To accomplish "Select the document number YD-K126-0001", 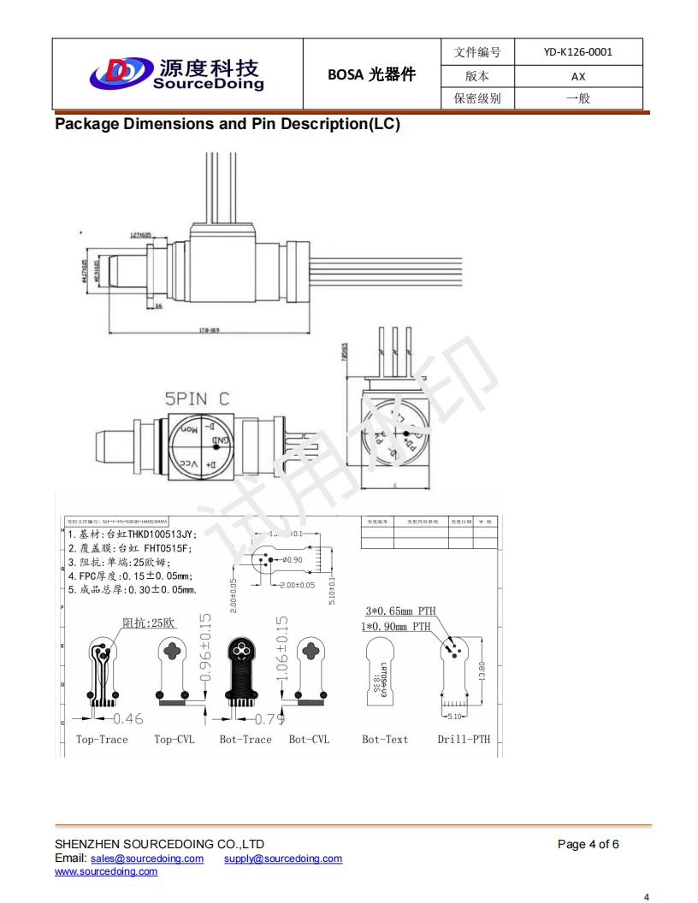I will click(x=577, y=52).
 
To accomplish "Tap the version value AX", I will click(x=578, y=75).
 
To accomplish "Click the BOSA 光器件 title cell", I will click(x=371, y=74).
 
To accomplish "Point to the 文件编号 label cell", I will click(x=476, y=52).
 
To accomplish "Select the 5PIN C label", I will click(x=197, y=398).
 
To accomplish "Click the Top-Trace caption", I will click(x=102, y=740).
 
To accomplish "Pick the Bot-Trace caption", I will click(x=245, y=740).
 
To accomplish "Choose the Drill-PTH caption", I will click(x=464, y=740).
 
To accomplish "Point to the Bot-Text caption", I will click(x=385, y=740).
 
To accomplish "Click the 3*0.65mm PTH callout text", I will click(x=400, y=611).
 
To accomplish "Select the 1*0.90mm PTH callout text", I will click(x=396, y=627).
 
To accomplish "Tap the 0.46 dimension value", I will click(x=128, y=719).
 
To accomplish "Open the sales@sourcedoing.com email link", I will click(x=147, y=859).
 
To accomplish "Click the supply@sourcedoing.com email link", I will click(x=283, y=859).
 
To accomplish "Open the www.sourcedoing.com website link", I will click(x=106, y=871).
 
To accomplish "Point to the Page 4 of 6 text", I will click(x=588, y=845).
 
